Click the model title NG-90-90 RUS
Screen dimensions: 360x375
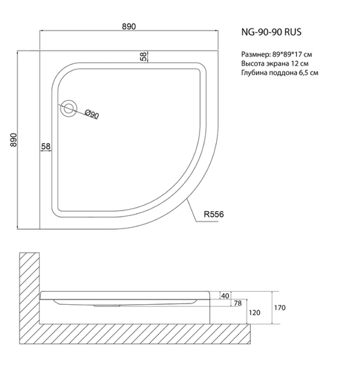point(271,32)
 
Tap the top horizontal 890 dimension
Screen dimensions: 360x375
point(129,26)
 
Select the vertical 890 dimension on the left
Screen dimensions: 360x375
point(14,140)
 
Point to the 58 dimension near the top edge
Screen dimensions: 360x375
point(143,56)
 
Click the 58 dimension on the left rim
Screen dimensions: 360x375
point(46,146)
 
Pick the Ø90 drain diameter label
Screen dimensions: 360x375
point(92,114)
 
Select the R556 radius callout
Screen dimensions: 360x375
point(214,214)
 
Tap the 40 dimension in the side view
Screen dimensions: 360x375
point(225,296)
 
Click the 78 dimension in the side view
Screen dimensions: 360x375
point(238,303)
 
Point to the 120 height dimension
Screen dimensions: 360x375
point(254,312)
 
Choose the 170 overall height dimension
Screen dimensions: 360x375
point(280,308)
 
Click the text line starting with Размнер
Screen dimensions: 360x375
point(277,55)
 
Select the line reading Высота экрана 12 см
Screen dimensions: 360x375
point(275,64)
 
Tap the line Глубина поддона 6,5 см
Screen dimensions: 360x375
point(279,73)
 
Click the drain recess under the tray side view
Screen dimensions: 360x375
point(107,306)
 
